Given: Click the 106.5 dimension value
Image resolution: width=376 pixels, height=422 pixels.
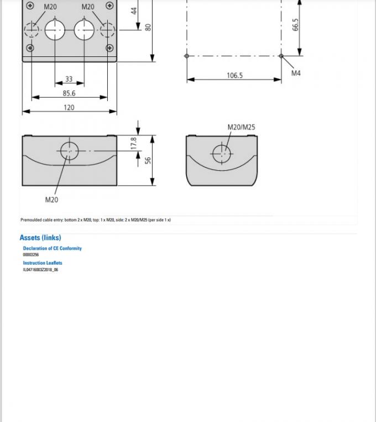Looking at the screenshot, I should click(234, 75).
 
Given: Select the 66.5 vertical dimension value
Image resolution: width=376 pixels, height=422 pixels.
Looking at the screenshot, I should click(296, 25).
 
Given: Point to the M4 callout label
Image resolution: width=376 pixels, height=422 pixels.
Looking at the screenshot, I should click(296, 73).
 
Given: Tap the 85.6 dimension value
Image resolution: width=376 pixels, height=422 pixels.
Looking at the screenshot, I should click(69, 93).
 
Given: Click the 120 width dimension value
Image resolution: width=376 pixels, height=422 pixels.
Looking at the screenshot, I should click(69, 108).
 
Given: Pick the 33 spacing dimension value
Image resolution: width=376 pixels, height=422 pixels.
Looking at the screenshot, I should click(69, 80).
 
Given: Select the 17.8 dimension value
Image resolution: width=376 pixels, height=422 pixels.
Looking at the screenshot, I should click(133, 143).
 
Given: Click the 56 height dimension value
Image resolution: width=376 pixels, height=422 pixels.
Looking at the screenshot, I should click(148, 160).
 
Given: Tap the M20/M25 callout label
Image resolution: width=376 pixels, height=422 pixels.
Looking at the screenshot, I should click(241, 127).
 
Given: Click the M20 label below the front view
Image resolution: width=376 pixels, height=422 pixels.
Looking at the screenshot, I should click(51, 199).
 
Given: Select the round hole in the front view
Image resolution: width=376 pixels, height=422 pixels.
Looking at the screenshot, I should click(69, 150).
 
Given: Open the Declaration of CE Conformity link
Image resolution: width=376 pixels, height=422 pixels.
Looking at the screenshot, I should click(52, 249).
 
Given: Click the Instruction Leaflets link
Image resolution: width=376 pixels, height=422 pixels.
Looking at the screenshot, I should click(43, 263).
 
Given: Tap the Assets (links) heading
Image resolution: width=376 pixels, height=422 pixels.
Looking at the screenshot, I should click(40, 238).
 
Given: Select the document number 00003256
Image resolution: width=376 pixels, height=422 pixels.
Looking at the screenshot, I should click(31, 255).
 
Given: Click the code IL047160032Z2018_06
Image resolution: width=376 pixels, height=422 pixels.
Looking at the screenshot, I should click(40, 270).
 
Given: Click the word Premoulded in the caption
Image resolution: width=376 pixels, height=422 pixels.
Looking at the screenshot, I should click(30, 220).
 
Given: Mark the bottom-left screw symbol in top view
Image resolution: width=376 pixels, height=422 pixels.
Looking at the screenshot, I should click(30, 48).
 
